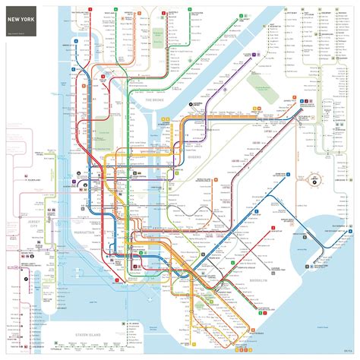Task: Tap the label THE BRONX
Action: [x=144, y=99]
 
